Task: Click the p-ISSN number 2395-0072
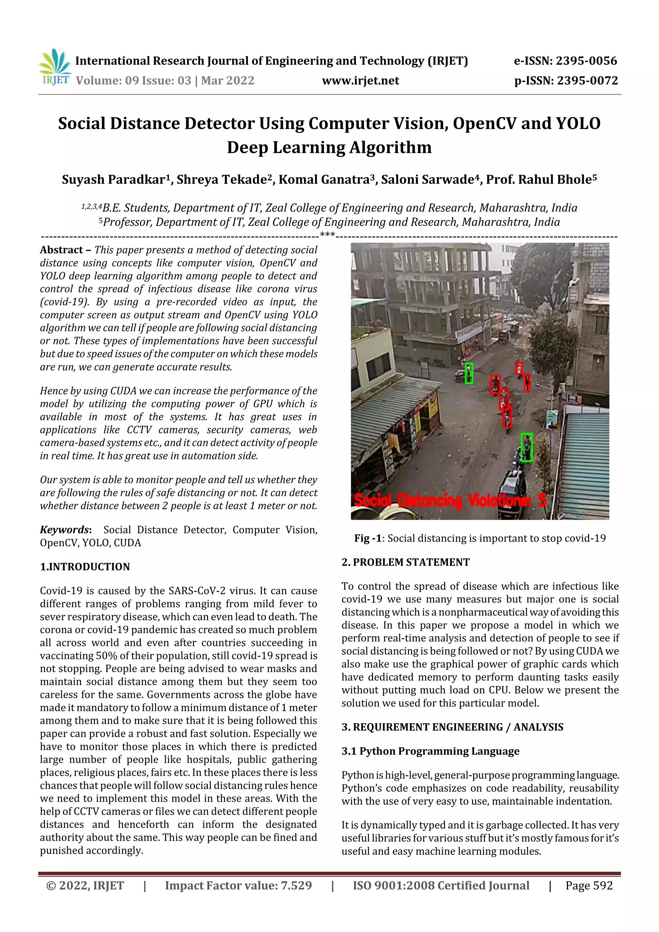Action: click(587, 81)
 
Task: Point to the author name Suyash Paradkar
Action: click(113, 180)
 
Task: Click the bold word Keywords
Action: click(64, 530)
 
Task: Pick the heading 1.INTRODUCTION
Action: click(85, 567)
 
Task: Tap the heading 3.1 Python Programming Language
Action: click(431, 752)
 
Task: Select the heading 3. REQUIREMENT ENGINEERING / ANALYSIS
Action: click(452, 727)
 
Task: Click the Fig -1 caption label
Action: click(367, 538)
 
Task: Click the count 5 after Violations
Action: click(542, 501)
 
